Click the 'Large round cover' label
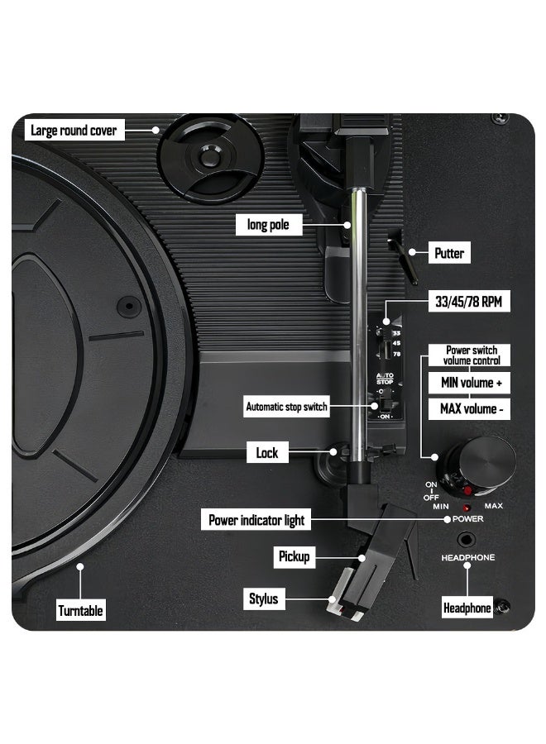coord(74,130)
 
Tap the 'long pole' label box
coord(269,224)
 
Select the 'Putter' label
coord(449,253)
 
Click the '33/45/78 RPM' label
coord(468,301)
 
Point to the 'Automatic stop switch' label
coord(286,407)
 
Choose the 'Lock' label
coord(267,453)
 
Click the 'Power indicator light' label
coord(256,520)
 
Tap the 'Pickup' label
coord(295,556)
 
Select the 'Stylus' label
coord(264,599)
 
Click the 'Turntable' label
coord(80,610)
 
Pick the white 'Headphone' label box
coord(467,608)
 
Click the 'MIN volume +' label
coord(470,383)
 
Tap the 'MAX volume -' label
coord(470,408)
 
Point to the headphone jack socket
coord(466,540)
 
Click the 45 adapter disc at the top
coord(209,156)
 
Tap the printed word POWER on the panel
coord(467,519)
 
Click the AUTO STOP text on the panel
coord(385,379)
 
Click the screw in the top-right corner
coord(499,117)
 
